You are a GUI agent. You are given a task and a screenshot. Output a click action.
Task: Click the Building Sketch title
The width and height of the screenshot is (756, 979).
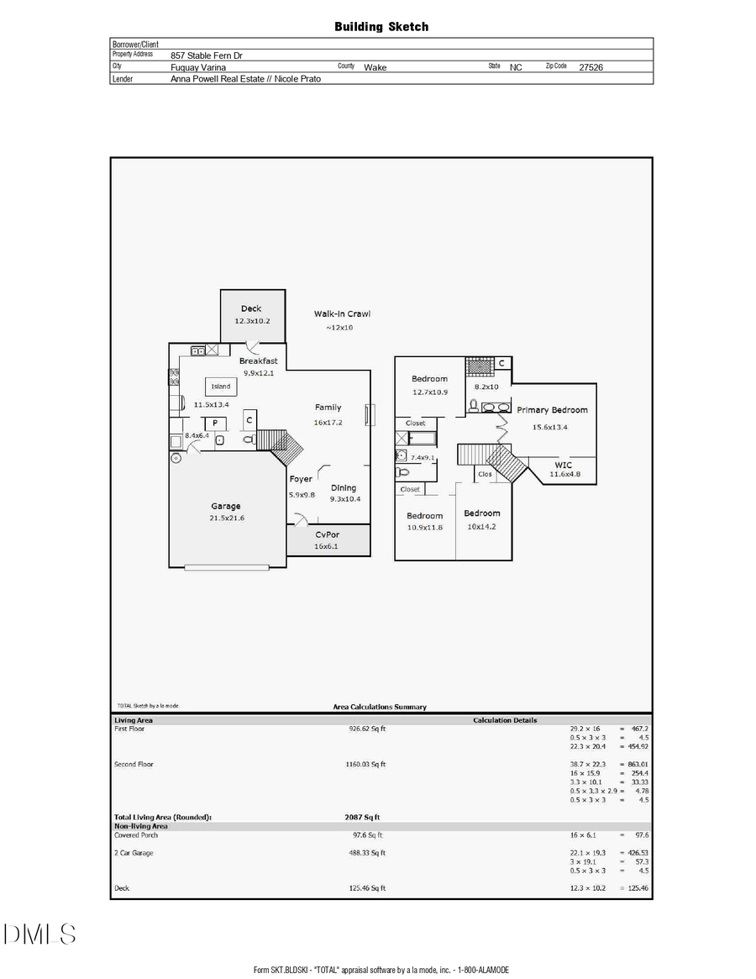[381, 27]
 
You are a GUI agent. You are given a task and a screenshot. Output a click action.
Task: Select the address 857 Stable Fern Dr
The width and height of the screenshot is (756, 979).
[207, 55]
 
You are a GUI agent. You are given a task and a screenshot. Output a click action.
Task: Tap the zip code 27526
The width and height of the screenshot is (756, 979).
[591, 67]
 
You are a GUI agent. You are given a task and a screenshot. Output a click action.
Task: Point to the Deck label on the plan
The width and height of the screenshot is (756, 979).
[251, 309]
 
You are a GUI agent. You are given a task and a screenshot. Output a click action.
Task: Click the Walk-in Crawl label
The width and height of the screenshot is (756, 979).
[342, 314]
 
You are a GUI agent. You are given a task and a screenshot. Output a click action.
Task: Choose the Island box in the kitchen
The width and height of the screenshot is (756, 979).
[221, 387]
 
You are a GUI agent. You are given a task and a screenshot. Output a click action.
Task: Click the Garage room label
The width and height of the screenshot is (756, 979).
[225, 506]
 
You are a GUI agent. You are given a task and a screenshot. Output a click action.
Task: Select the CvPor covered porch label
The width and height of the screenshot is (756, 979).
[328, 534]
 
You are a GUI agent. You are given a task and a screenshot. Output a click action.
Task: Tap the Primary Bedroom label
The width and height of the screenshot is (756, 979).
[552, 410]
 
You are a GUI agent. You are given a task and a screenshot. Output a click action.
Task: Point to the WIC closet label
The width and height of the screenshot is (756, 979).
[564, 465]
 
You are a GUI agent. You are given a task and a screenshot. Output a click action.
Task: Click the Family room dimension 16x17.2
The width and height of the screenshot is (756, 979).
[328, 422]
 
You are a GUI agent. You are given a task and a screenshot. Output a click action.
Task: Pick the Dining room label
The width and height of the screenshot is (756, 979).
[343, 487]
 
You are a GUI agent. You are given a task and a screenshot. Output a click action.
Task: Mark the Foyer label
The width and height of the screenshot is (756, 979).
[301, 479]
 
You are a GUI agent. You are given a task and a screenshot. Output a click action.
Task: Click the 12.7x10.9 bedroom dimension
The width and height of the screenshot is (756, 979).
[429, 392]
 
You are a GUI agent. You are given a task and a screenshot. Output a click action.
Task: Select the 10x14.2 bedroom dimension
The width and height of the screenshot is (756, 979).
[483, 527]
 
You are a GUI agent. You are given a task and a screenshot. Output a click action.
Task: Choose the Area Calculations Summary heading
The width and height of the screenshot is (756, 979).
[381, 708]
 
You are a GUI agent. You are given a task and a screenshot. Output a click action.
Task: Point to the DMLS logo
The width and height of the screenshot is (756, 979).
[39, 934]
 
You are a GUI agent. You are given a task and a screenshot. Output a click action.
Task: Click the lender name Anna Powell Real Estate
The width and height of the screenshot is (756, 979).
[245, 79]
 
